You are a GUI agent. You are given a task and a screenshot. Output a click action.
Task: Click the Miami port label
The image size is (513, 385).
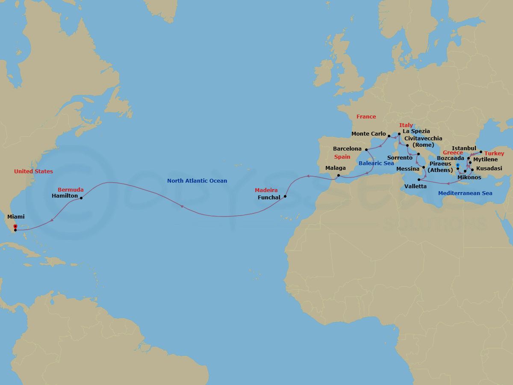pyautogui.click(x=16, y=217)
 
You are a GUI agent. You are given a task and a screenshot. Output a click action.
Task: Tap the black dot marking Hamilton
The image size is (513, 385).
pyautogui.click(x=81, y=198)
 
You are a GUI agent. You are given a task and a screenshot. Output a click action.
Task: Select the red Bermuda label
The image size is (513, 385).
pyautogui.click(x=71, y=190)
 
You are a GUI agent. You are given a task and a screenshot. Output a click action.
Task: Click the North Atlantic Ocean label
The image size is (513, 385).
pyautogui.click(x=197, y=181)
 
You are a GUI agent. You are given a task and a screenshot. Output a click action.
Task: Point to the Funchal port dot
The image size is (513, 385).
pyautogui.click(x=285, y=197)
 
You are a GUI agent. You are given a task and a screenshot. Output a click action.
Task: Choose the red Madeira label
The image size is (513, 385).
pyautogui.click(x=266, y=190)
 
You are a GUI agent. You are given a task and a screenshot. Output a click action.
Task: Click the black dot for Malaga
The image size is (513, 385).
pyautogui.click(x=338, y=175)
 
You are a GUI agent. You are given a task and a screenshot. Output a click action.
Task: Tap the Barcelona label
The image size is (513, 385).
pyautogui.click(x=347, y=149)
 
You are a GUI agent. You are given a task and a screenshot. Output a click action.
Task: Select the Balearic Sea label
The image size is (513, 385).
pyautogui.click(x=376, y=163)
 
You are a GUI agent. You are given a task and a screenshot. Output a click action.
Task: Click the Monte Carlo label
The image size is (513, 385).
pyautogui.click(x=369, y=134)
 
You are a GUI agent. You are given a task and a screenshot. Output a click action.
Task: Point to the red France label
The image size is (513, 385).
pyautogui.click(x=366, y=117)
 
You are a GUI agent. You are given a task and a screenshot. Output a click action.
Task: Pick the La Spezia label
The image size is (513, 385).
pyautogui.click(x=416, y=131)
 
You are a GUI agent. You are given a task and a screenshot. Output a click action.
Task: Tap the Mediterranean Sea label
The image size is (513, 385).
pyautogui.click(x=465, y=193)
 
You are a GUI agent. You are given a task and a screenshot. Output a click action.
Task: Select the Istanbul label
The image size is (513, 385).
pyautogui.click(x=464, y=148)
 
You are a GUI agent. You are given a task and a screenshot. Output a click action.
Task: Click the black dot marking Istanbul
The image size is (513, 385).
pyautogui.click(x=481, y=152)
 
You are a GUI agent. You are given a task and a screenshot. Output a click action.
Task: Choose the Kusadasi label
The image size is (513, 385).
pyautogui.click(x=489, y=169)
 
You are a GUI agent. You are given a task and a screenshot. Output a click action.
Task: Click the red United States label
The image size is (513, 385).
pyautogui.click(x=33, y=172)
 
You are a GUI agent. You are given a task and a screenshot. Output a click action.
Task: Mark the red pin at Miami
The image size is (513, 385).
pyautogui.click(x=15, y=226)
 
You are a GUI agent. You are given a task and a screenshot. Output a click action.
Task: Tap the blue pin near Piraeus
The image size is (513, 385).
pyautogui.click(x=458, y=165)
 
